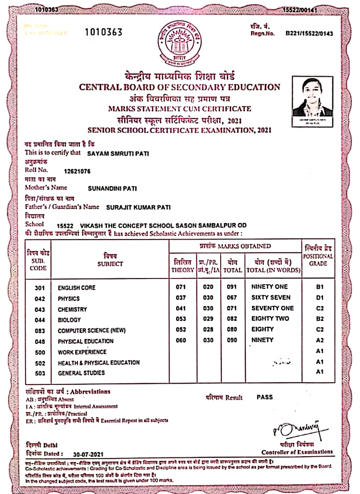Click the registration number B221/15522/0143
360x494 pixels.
(309, 34)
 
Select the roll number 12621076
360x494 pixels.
(77, 171)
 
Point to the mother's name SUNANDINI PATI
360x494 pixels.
(112, 188)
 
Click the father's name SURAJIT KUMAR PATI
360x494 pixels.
(138, 207)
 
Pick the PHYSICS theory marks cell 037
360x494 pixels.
(181, 298)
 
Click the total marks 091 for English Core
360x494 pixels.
(232, 287)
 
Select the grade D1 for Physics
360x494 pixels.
(320, 298)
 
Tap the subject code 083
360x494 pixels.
(40, 331)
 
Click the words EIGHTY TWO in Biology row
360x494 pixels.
(270, 319)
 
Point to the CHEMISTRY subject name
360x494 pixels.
(72, 310)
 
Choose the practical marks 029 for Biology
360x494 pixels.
(208, 319)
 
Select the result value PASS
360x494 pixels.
(264, 397)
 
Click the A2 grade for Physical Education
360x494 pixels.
(320, 340)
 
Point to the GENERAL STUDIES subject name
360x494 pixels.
(81, 373)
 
